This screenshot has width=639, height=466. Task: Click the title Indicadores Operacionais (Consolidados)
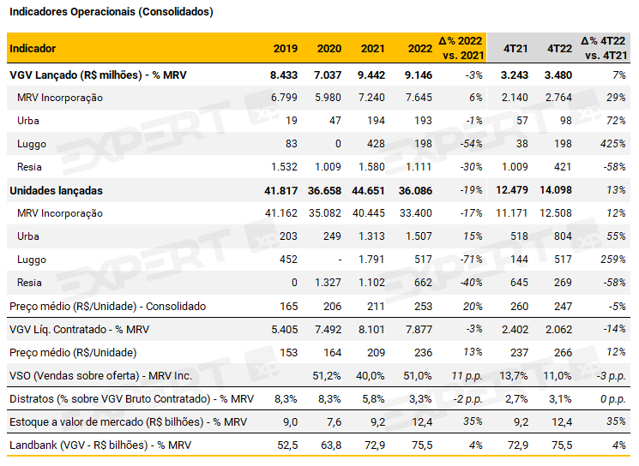coord(111,12)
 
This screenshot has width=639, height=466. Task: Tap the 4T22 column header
coord(559,48)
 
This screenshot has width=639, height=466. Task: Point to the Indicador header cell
coord(33,48)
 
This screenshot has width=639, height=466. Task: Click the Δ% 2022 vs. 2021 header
coord(461,48)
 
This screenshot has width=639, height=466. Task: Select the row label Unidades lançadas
coord(56,190)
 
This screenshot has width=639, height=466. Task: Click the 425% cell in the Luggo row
coord(612,144)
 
